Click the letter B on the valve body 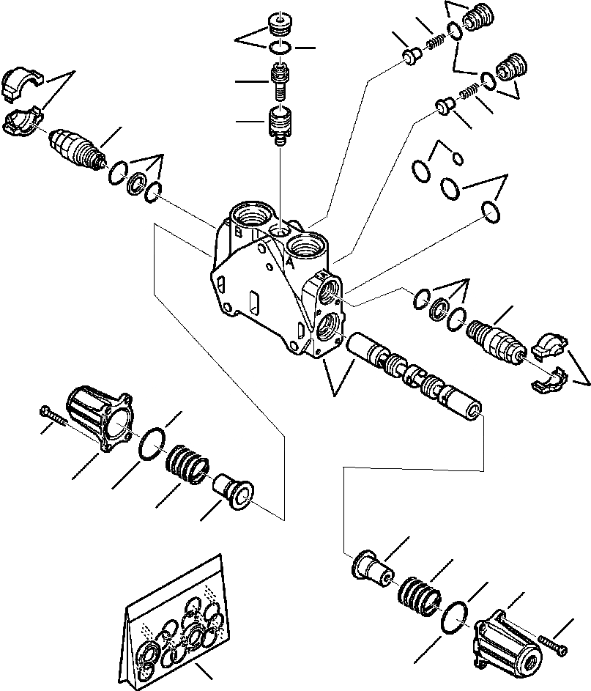[239, 233]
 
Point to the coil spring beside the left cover [188, 466]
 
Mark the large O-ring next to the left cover [153, 443]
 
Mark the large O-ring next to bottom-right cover [456, 618]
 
